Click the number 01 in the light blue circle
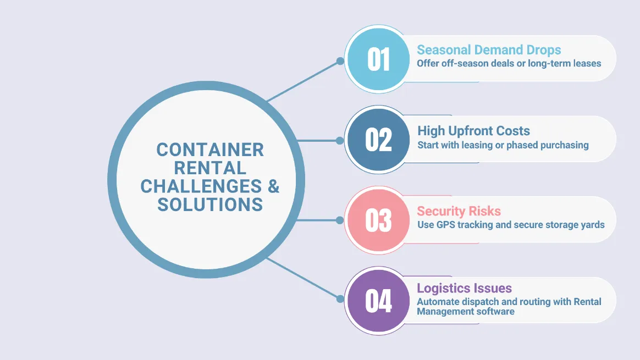pos(378,59)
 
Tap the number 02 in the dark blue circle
pos(378,140)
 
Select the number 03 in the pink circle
pos(378,220)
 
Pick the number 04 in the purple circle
pos(378,300)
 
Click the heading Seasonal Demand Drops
pos(489,50)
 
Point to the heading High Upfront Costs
pos(473,131)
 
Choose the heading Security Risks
pos(459,211)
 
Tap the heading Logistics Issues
pos(464,288)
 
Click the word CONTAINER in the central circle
pos(210,149)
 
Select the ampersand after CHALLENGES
pos(273,186)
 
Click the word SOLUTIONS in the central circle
pos(210,204)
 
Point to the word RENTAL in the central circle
pos(210,168)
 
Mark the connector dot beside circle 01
pos(340,61)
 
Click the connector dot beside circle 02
pos(340,140)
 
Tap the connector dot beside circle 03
pos(340,220)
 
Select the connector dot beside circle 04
pos(340,299)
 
